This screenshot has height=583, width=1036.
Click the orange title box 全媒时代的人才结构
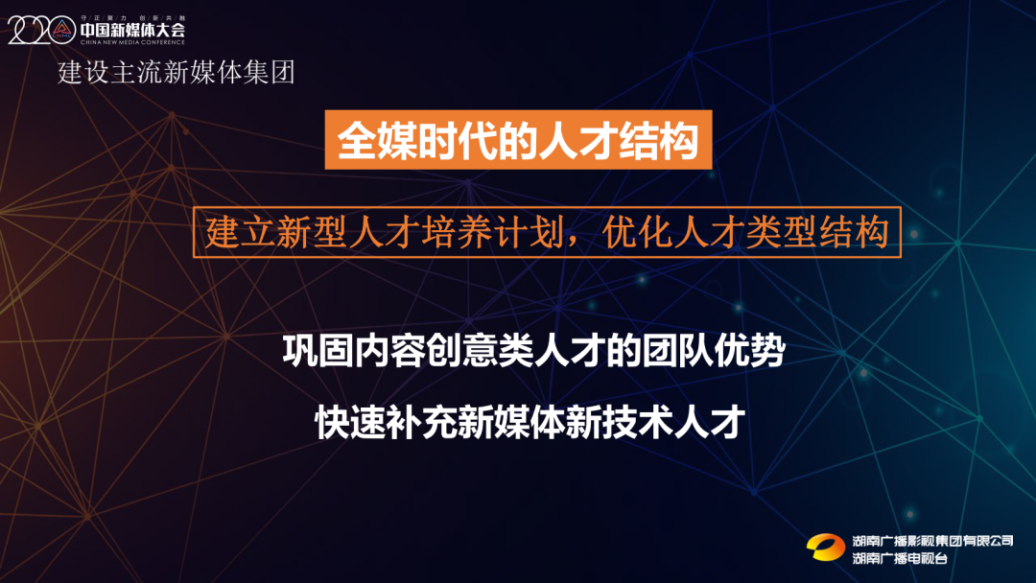tap(518, 140)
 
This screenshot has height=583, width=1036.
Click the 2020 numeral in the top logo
tap(41, 30)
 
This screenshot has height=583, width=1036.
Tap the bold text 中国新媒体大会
tap(132, 30)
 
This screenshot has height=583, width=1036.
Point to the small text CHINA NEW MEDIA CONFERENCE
tap(132, 42)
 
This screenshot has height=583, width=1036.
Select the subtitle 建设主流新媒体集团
tap(177, 72)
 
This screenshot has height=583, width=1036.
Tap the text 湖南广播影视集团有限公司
tap(932, 541)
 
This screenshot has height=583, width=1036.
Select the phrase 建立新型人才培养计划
tap(384, 232)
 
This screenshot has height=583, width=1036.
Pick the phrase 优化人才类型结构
tap(746, 232)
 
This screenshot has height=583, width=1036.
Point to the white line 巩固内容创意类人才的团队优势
tap(534, 351)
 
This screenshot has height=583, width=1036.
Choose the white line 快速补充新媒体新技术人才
tap(530, 423)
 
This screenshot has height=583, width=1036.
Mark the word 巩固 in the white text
tap(318, 351)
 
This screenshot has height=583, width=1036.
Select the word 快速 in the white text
tap(351, 423)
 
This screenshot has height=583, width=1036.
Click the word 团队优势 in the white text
tap(714, 351)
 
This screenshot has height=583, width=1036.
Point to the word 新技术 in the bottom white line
tap(620, 423)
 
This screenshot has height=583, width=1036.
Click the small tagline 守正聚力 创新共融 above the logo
tap(132, 18)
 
